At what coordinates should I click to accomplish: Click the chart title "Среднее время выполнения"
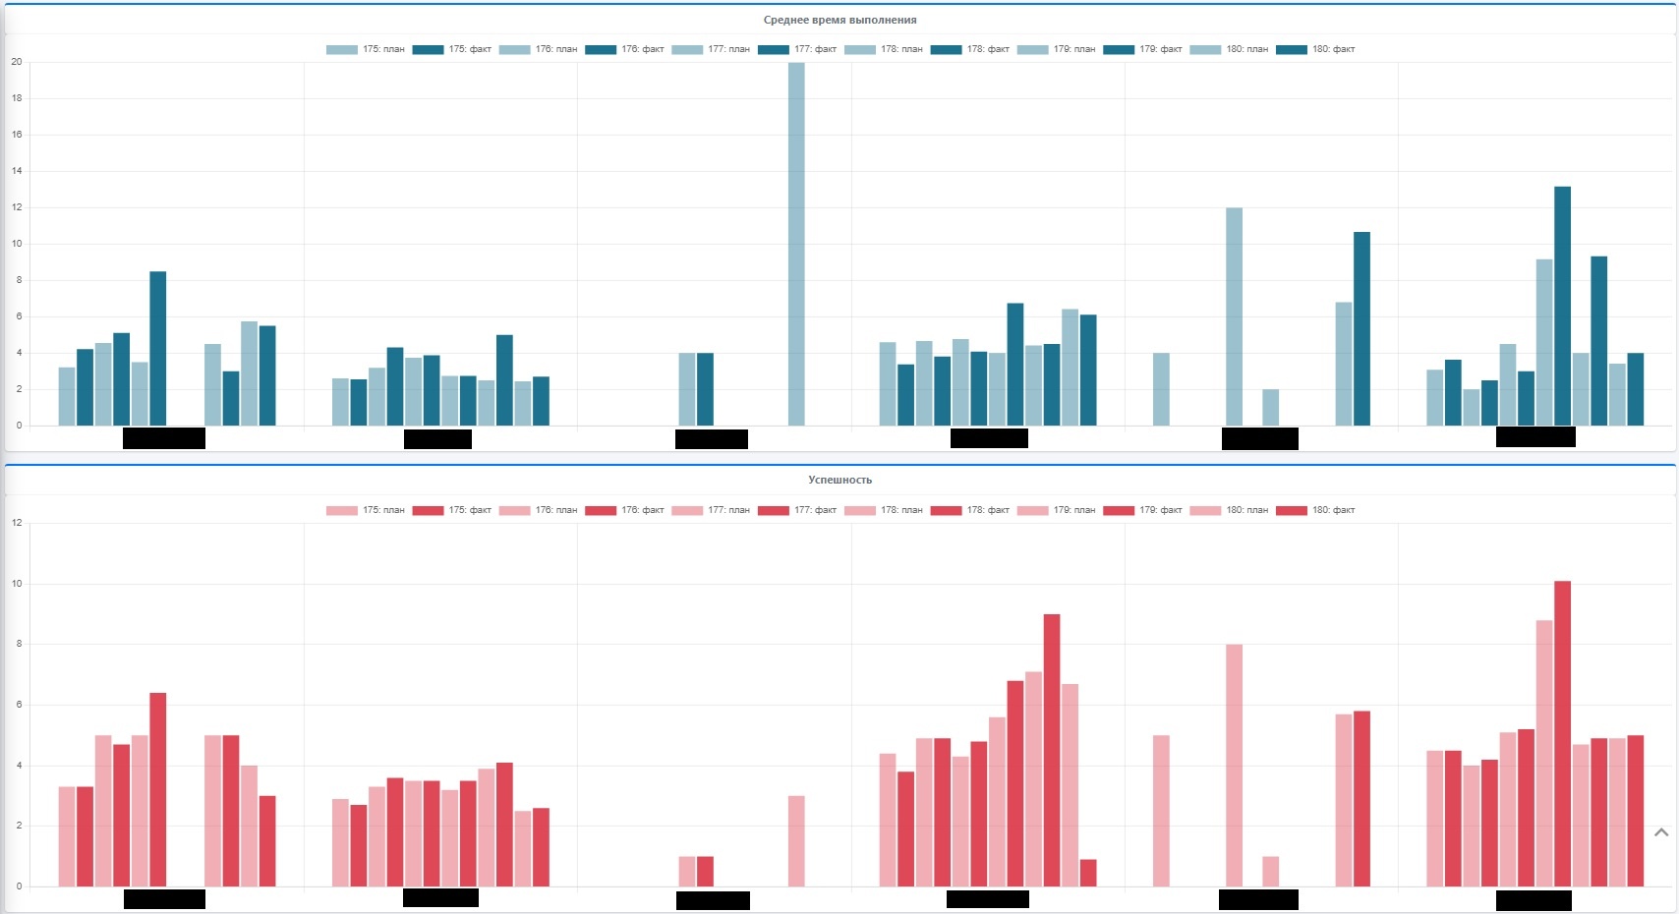click(x=839, y=20)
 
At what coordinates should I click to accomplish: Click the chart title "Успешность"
click(x=839, y=480)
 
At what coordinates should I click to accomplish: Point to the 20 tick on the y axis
click(x=17, y=62)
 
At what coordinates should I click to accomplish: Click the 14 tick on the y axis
click(x=17, y=171)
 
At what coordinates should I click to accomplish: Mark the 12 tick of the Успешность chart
click(x=17, y=523)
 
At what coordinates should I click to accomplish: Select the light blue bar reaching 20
click(x=796, y=246)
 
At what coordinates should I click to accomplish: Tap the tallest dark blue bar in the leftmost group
click(x=157, y=349)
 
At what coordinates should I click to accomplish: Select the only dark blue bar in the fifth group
click(x=1361, y=329)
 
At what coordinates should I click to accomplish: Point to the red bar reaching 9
click(x=1052, y=751)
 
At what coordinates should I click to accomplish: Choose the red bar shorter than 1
click(x=1088, y=874)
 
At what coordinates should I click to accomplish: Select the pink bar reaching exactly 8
click(x=1234, y=766)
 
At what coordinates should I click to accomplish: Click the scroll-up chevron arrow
click(x=1661, y=832)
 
